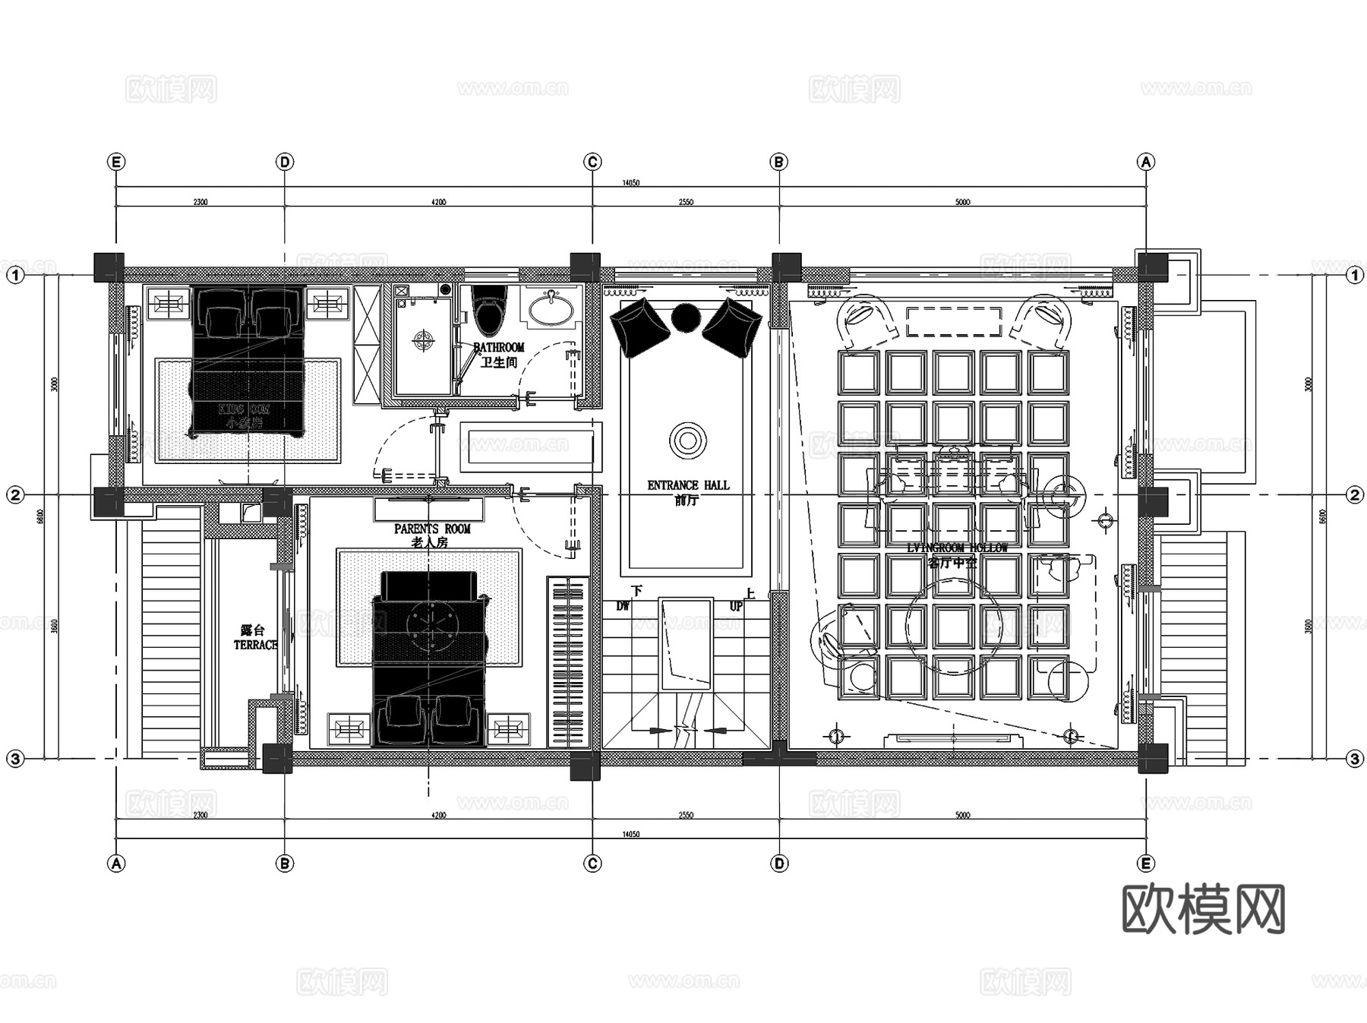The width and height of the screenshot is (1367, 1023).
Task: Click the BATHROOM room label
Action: (499, 347)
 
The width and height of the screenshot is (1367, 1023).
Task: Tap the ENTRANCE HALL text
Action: (688, 485)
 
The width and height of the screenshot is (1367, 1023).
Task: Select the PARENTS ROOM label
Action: (432, 529)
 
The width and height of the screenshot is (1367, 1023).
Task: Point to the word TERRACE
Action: (255, 645)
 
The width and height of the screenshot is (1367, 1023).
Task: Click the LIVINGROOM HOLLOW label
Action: (957, 548)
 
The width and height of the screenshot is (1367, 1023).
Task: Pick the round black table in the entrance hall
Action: (686, 317)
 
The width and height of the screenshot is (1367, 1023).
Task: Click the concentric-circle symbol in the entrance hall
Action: (688, 440)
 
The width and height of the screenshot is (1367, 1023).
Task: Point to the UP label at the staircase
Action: (736, 607)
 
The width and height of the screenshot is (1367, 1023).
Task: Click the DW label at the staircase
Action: (623, 606)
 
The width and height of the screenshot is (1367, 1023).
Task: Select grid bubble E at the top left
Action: (116, 162)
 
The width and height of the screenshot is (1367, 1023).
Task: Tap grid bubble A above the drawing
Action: (1145, 162)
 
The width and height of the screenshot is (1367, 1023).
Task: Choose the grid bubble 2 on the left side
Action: (15, 495)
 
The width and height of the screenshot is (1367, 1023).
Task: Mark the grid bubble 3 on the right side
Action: (1355, 759)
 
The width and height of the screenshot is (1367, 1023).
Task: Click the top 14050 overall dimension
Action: (630, 183)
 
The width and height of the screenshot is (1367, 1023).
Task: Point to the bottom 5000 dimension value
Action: (962, 816)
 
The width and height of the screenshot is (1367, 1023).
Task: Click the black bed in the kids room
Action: (248, 361)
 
